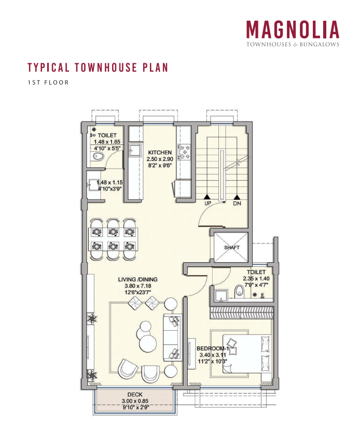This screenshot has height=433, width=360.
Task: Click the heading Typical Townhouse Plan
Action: (98, 68)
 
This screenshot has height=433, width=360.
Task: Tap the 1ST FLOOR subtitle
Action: (48, 83)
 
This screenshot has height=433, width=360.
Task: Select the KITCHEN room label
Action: (159, 153)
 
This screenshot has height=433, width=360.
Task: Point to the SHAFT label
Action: (232, 248)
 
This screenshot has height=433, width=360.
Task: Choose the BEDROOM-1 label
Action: (213, 348)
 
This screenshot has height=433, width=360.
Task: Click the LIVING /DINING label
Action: (137, 279)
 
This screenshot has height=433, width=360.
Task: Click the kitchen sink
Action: (135, 151)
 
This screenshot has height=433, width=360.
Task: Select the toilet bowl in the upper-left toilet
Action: (98, 156)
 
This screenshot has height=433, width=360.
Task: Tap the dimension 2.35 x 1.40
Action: (256, 279)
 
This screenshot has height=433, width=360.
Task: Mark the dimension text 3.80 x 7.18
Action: (137, 286)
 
